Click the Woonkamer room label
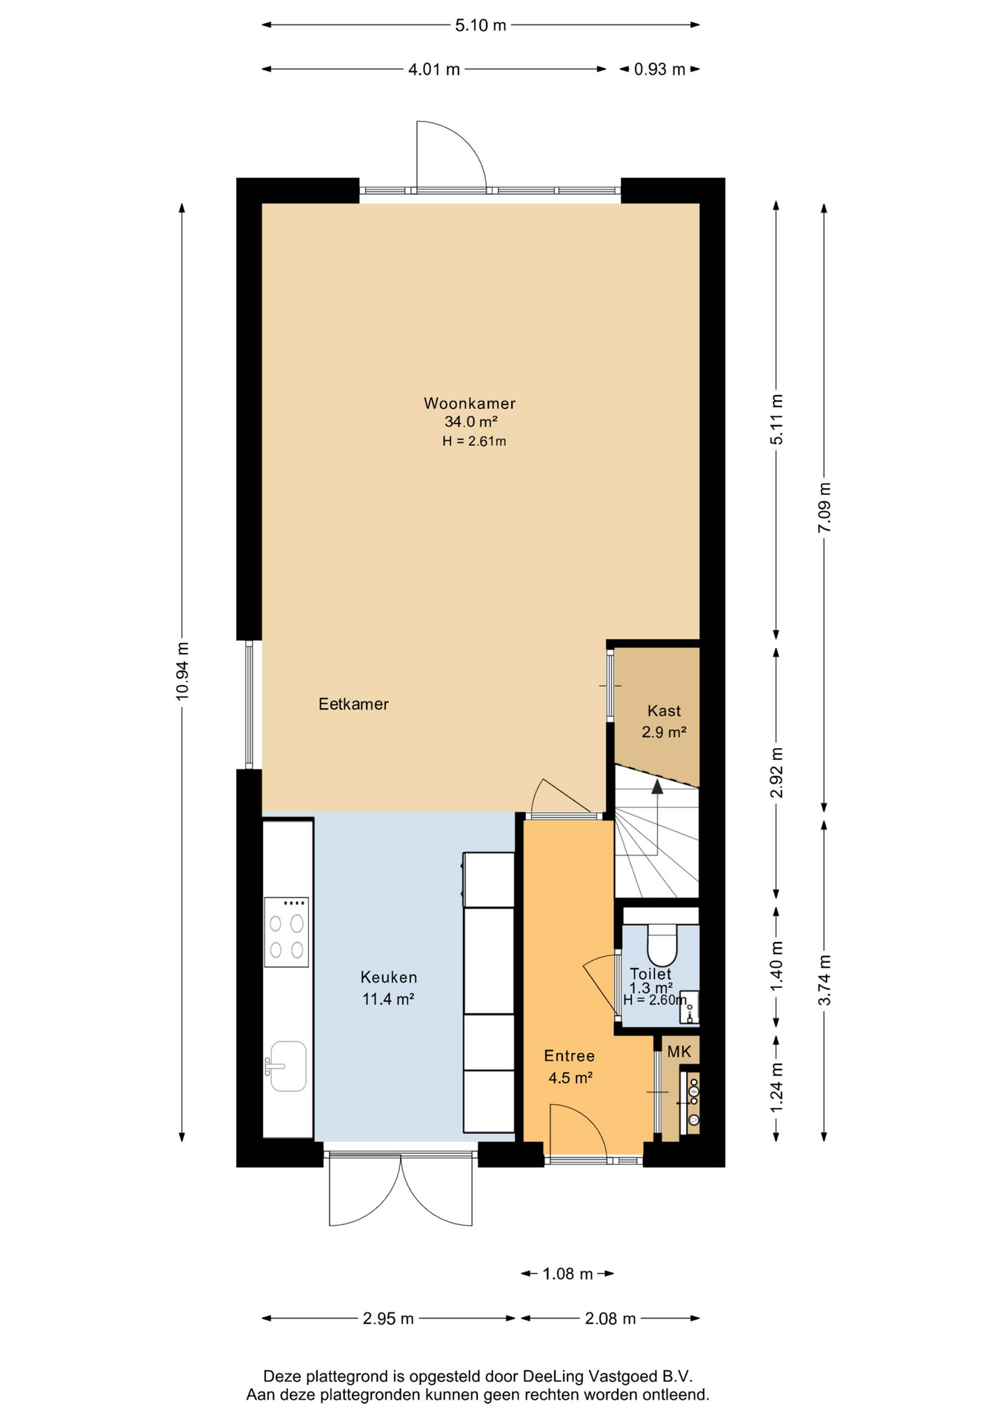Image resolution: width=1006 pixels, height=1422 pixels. click(470, 404)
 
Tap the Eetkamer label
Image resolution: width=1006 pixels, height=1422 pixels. click(353, 704)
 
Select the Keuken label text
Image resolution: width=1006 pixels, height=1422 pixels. click(389, 978)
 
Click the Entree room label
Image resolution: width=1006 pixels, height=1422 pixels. click(569, 1056)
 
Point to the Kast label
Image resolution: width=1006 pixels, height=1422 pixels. click(664, 711)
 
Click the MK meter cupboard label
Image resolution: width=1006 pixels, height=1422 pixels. click(679, 1052)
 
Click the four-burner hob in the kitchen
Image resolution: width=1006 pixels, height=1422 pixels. click(287, 932)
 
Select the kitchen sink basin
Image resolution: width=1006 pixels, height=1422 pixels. click(287, 1066)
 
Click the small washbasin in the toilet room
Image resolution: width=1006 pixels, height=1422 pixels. click(689, 1007)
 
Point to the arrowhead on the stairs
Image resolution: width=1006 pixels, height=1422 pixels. click(657, 787)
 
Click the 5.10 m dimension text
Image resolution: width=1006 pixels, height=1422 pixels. click(481, 25)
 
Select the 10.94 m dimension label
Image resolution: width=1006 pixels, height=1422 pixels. click(182, 672)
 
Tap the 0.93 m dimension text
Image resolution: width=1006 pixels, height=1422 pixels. click(659, 70)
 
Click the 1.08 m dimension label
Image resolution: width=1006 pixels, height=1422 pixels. click(567, 1274)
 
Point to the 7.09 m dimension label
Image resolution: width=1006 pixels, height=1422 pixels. click(825, 507)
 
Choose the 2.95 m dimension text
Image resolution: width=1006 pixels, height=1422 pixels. click(388, 1318)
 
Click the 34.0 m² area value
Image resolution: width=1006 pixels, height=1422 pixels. click(470, 422)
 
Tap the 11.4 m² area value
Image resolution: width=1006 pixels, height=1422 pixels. click(387, 999)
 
